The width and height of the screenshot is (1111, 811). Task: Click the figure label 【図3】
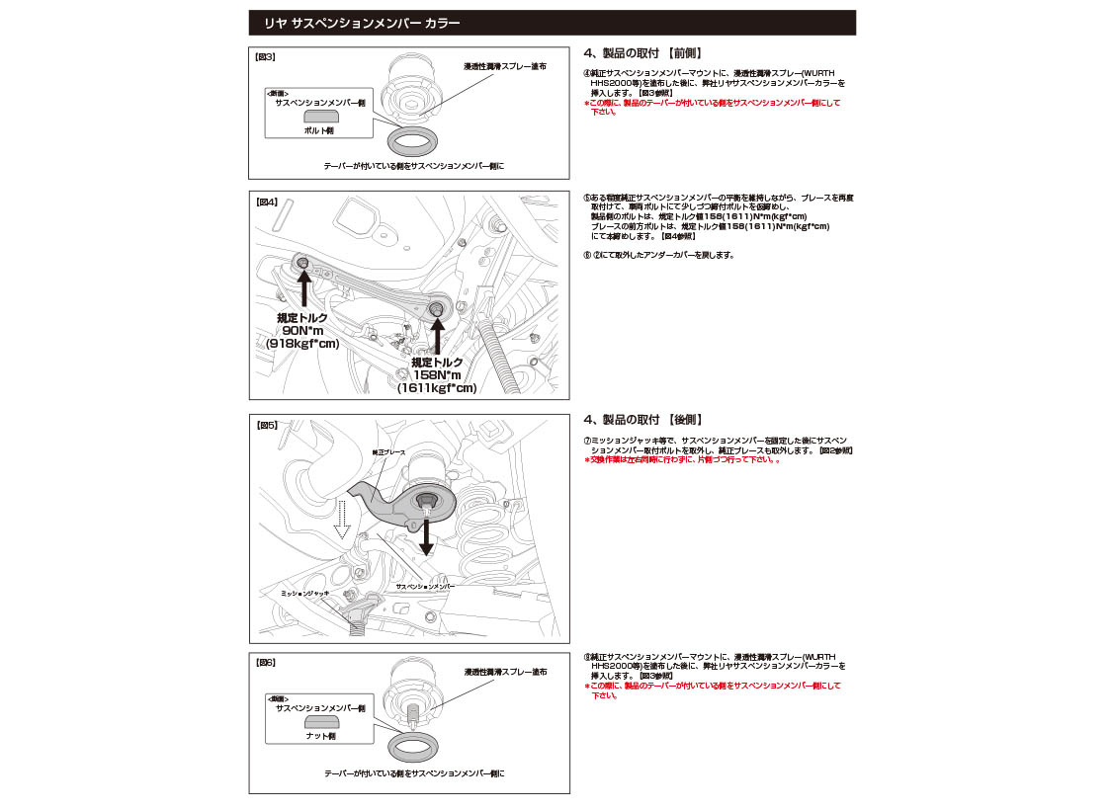tap(265, 57)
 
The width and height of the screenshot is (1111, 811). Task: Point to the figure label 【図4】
tap(265, 202)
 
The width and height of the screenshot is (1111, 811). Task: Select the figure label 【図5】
tap(265, 426)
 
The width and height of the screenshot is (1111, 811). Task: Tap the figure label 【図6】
tap(265, 663)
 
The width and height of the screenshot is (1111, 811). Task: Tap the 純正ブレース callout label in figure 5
tap(387, 451)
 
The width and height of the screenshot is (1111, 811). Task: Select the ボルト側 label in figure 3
tap(319, 130)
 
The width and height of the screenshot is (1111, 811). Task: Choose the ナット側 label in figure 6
tap(319, 736)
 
